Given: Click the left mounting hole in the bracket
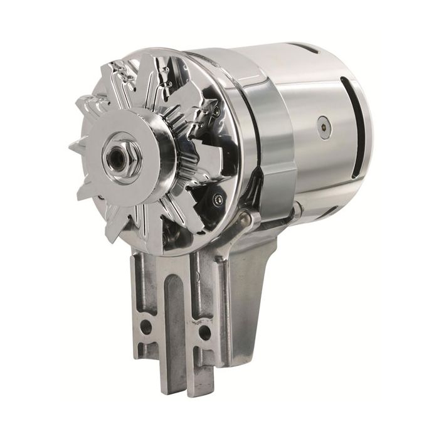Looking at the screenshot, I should click(147, 326).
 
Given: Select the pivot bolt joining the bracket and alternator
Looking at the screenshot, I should click(251, 221).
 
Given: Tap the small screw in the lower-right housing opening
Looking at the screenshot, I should click(218, 199).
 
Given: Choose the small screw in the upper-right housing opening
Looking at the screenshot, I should click(215, 111).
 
